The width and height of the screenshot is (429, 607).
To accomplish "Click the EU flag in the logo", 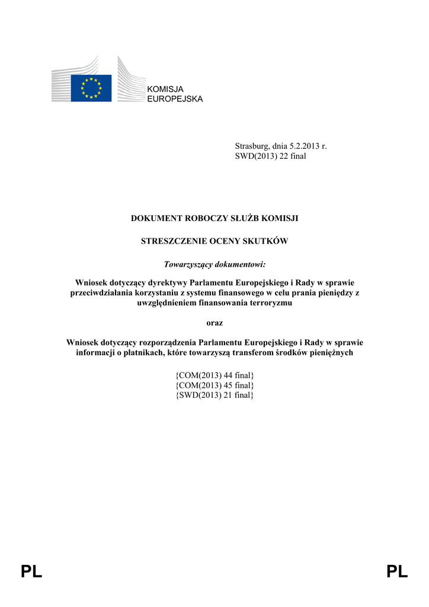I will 91,88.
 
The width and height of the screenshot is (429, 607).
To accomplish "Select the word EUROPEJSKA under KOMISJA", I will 175,98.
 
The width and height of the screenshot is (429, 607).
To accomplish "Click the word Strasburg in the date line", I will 252,146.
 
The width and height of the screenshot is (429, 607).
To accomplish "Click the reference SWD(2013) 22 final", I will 270,156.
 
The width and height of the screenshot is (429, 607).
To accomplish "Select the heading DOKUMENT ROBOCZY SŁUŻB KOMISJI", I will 214,219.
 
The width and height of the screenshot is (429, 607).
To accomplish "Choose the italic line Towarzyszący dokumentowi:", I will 214,264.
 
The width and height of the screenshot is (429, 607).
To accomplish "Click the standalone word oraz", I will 214,322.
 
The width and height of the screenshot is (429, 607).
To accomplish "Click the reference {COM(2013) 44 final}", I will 214,375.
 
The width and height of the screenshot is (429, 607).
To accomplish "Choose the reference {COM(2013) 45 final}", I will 214,385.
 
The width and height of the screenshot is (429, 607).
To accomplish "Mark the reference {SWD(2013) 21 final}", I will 214,395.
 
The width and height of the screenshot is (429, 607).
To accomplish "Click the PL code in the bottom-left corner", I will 31,571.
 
